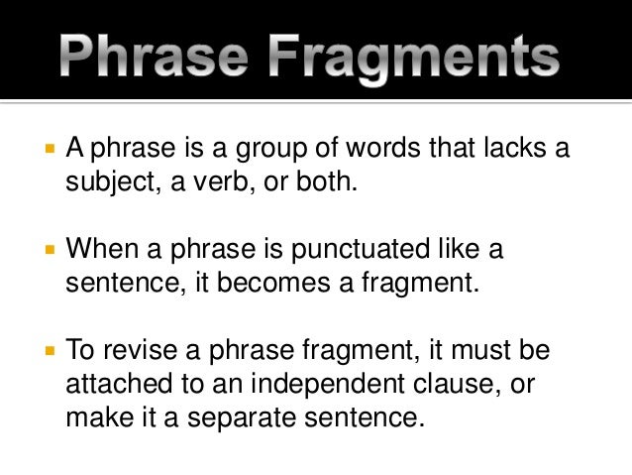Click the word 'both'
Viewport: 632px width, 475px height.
(x=324, y=183)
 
